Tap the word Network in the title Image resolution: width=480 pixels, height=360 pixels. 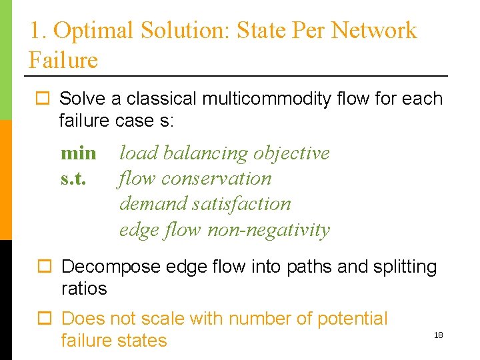click(374, 31)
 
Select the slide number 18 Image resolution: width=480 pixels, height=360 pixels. click(438, 335)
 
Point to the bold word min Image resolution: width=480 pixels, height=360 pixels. click(79, 153)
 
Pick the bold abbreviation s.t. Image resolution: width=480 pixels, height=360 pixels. click(74, 179)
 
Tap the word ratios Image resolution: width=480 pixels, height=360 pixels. click(84, 289)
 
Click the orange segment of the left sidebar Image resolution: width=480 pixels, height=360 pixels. click(5, 180)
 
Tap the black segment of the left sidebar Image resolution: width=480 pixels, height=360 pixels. click(5, 300)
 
